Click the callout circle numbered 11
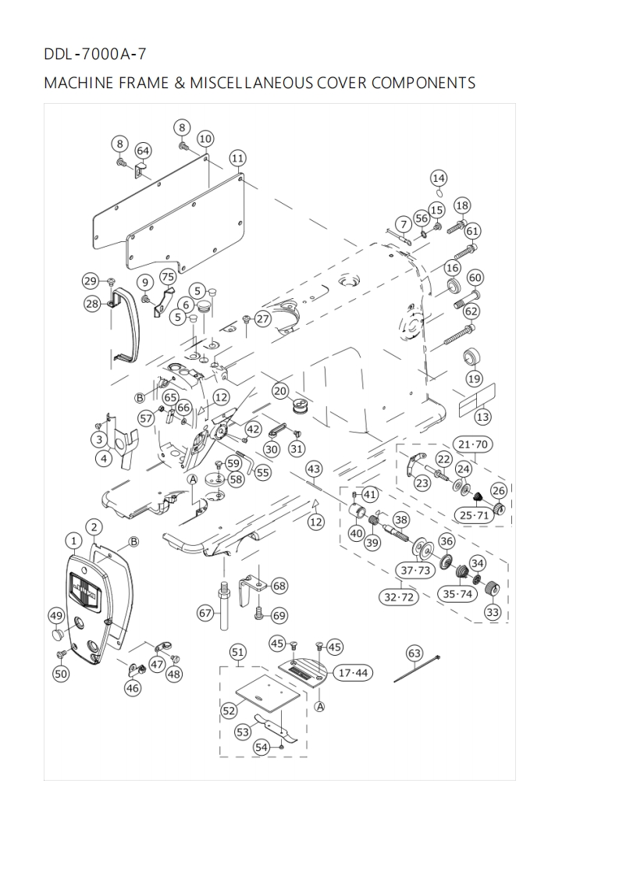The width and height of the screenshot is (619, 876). pyautogui.click(x=237, y=158)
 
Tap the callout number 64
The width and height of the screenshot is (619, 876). pyautogui.click(x=144, y=150)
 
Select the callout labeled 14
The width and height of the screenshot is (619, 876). pyautogui.click(x=439, y=177)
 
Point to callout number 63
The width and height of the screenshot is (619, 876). pyautogui.click(x=414, y=653)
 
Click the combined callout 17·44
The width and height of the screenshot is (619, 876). pyautogui.click(x=353, y=673)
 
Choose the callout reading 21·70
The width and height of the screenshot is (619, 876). pyautogui.click(x=471, y=445)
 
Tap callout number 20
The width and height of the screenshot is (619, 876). pyautogui.click(x=280, y=390)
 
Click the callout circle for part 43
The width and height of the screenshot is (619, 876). pyautogui.click(x=314, y=469)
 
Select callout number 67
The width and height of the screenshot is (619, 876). pyautogui.click(x=205, y=614)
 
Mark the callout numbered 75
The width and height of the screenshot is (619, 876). pyautogui.click(x=168, y=277)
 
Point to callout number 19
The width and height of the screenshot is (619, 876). pyautogui.click(x=474, y=379)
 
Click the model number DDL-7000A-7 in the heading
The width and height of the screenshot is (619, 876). pyautogui.click(x=94, y=55)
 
